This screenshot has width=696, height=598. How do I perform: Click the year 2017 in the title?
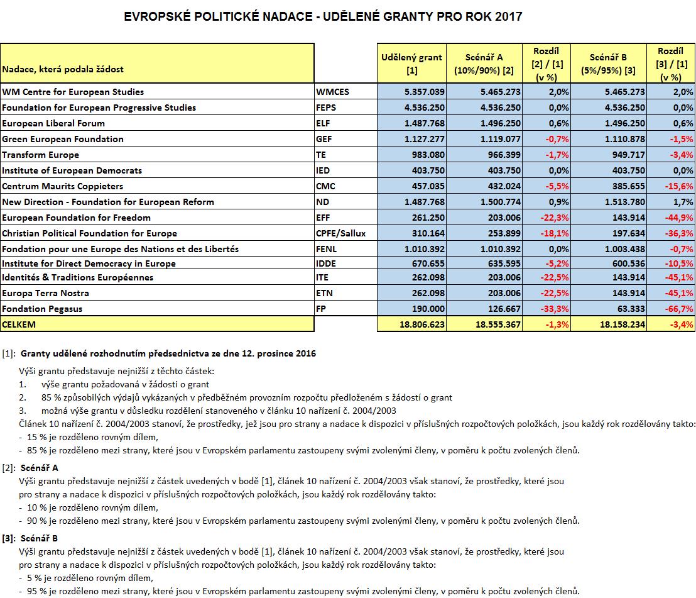pyautogui.click(x=507, y=16)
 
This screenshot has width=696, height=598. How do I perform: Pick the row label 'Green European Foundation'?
pyautogui.click(x=63, y=139)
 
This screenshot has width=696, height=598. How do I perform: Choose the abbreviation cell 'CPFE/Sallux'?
pyautogui.click(x=340, y=233)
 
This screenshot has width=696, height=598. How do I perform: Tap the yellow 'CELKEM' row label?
pyautogui.click(x=19, y=324)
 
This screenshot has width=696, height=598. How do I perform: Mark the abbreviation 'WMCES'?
pyautogui.click(x=332, y=92)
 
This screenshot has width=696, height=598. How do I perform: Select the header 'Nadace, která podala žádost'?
pyautogui.click(x=63, y=69)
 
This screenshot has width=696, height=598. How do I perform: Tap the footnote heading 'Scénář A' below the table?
pyautogui.click(x=40, y=468)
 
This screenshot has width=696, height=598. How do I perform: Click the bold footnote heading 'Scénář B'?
pyautogui.click(x=40, y=538)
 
